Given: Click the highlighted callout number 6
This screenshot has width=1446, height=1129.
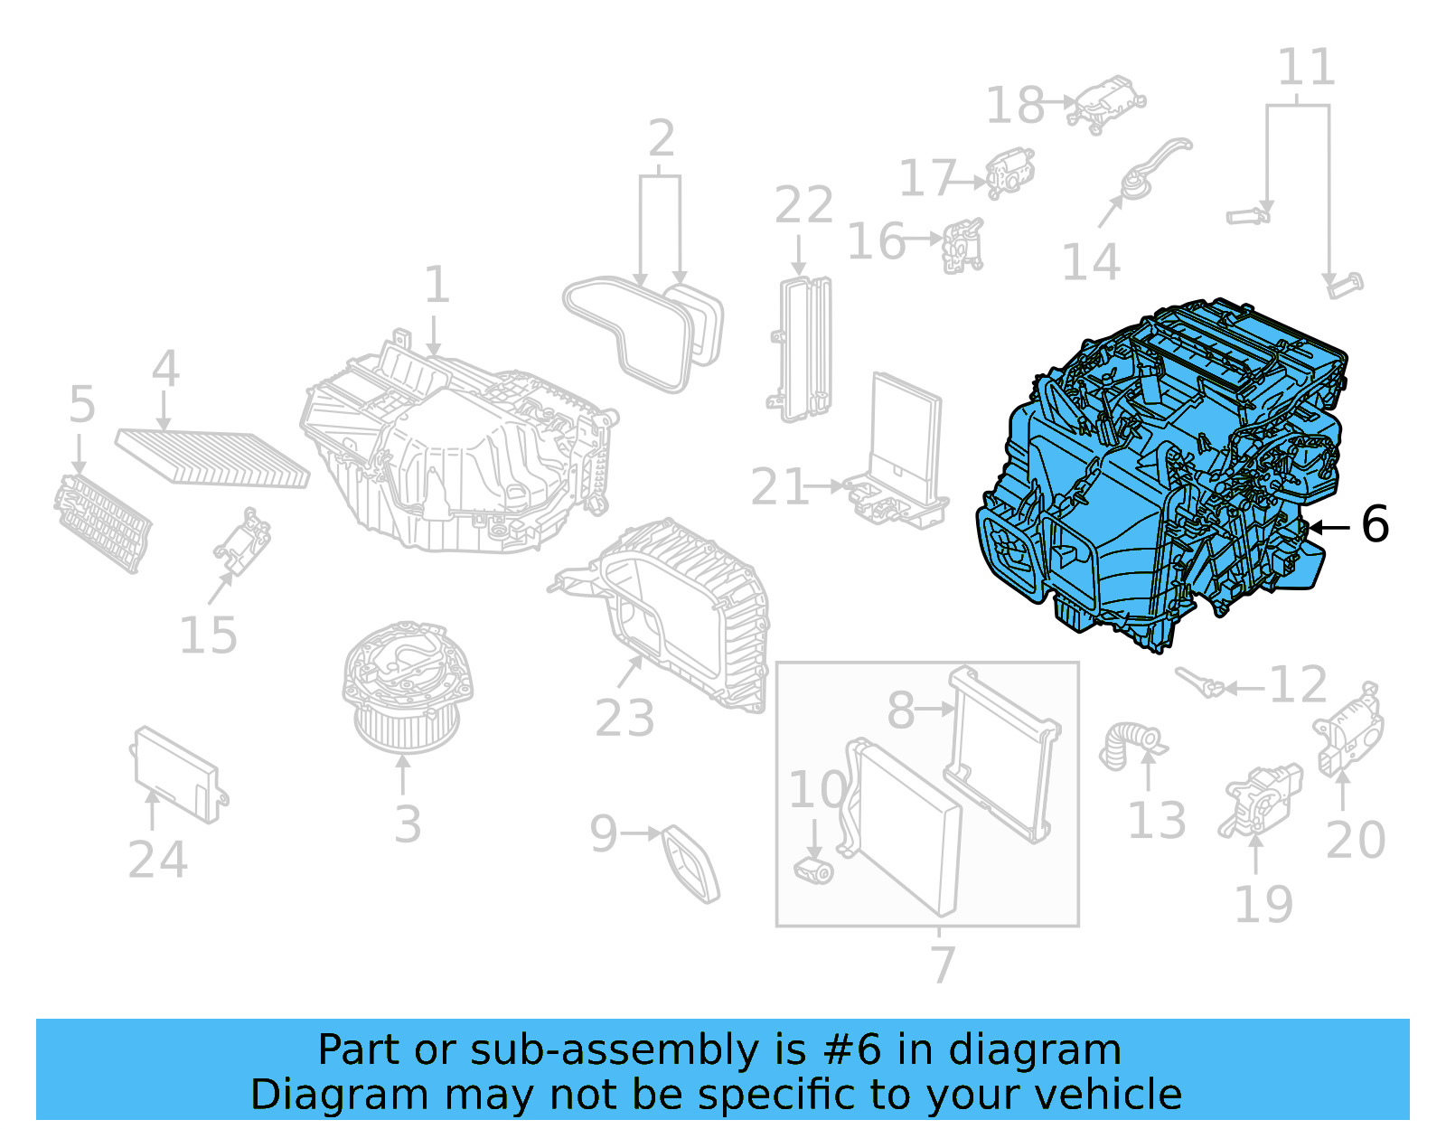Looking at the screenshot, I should coord(1375,524).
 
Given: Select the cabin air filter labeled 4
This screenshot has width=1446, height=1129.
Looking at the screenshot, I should coord(212,457).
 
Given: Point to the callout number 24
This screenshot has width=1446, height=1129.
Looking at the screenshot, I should coord(157,859).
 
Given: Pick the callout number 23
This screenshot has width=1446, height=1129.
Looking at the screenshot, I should coord(624,719).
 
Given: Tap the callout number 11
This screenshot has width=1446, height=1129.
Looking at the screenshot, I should coord(1306,68).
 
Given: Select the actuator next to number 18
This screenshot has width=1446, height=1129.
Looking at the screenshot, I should coord(1106,103).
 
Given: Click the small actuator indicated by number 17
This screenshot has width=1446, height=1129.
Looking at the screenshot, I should coord(1009,172).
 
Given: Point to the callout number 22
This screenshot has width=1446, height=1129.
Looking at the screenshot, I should coord(803,205).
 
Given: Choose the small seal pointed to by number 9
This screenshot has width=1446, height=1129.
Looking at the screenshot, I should coord(691,863).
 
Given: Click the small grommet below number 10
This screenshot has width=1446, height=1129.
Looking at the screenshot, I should coord(813,870).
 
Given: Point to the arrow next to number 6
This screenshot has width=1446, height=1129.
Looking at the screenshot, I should coord(1329,526).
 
